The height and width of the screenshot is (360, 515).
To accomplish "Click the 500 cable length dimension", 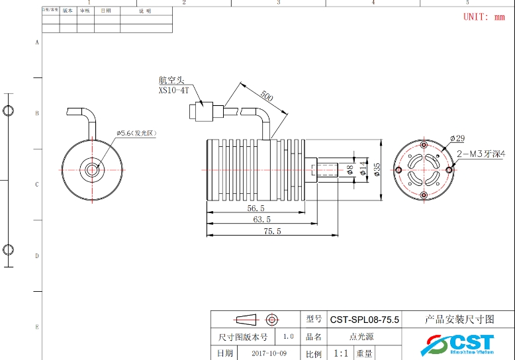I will click(266, 96).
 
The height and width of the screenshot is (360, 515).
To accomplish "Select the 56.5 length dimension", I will click(256, 208).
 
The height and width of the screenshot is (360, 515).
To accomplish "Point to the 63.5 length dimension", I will click(261, 219).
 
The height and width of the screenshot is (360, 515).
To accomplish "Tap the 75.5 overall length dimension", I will click(272, 231).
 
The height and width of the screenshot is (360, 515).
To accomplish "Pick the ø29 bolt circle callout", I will click(457, 138).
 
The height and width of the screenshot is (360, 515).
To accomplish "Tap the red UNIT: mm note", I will click(483, 17).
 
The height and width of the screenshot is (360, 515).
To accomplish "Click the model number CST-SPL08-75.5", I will click(364, 319).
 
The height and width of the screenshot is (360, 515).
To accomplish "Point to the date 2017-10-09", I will click(269, 353).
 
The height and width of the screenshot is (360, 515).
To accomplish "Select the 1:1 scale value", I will click(342, 353).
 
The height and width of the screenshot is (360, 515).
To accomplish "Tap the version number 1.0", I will click(289, 336).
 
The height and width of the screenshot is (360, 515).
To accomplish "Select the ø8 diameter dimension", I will click(350, 170).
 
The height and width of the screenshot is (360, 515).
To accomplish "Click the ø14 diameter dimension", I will click(362, 170).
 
